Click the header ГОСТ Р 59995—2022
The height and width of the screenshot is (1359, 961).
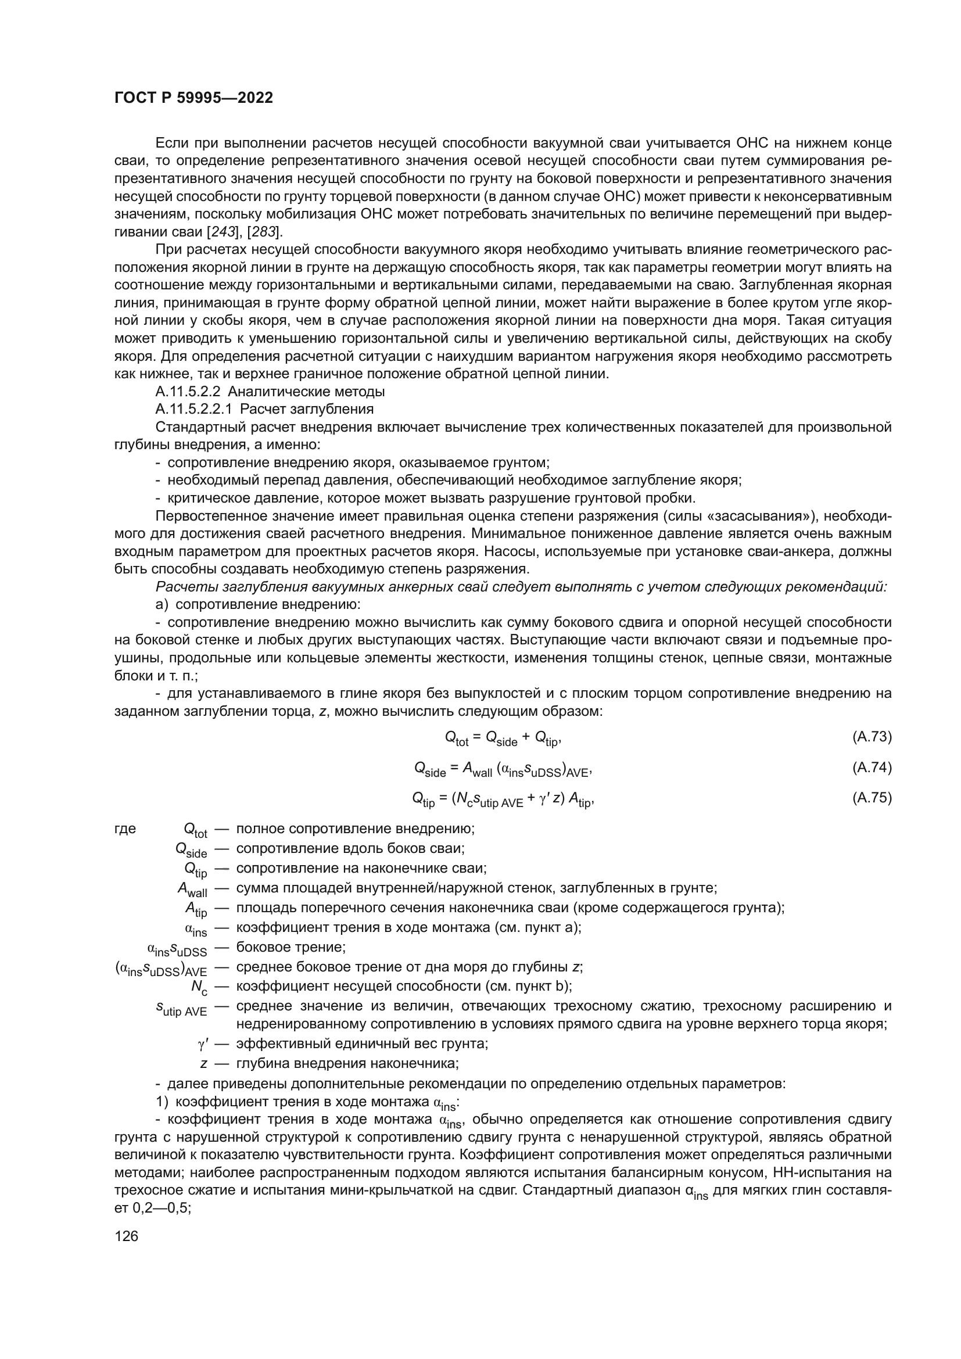[193, 98]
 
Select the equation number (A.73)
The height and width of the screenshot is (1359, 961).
[872, 737]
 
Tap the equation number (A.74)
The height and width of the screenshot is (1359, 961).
[872, 768]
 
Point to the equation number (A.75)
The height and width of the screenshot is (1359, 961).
[872, 798]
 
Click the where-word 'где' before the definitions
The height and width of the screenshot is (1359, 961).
[125, 829]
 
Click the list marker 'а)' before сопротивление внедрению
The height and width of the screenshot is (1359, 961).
[162, 605]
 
